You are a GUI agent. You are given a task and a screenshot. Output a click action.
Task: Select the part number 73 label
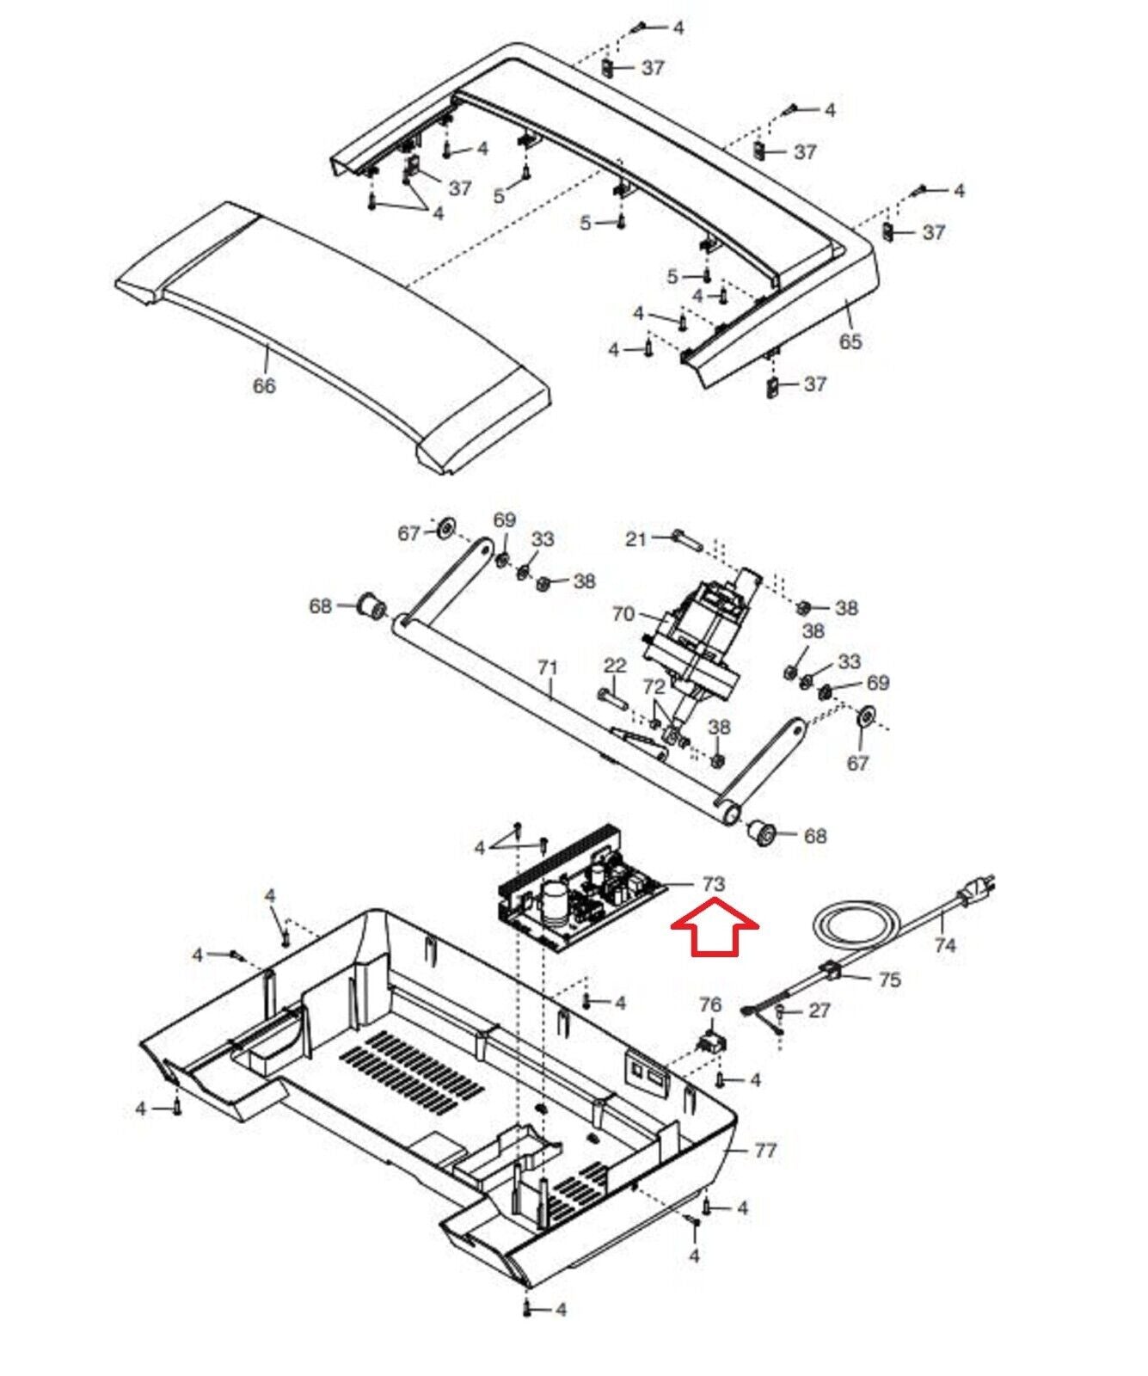click(x=714, y=883)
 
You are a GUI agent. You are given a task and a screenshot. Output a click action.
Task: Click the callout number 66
click(x=264, y=385)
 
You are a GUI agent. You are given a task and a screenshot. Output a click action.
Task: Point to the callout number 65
click(x=850, y=341)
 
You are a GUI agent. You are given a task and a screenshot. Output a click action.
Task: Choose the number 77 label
click(x=764, y=1150)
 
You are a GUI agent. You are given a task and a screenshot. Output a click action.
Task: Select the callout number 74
click(x=944, y=945)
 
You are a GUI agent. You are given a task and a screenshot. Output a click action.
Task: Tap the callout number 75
click(x=889, y=980)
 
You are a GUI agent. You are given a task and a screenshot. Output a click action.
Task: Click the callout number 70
click(x=623, y=614)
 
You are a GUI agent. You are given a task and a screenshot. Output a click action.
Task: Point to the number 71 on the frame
click(x=548, y=667)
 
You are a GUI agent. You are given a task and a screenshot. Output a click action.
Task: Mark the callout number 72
click(x=654, y=686)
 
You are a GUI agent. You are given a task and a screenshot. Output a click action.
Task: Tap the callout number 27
click(x=819, y=1010)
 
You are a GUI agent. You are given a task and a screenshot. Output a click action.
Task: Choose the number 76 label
click(x=710, y=1004)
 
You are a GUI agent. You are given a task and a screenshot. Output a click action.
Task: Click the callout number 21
click(x=635, y=539)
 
